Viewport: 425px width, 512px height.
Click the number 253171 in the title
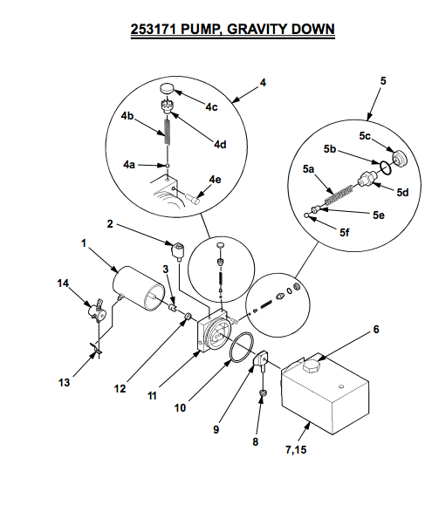tap(154, 29)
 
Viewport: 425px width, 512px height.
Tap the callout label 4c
tap(211, 107)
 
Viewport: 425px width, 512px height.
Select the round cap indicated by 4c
tap(167, 88)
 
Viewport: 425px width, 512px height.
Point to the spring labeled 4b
tap(168, 131)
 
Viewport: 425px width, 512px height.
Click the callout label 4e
tap(215, 180)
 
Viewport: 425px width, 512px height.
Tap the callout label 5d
tap(402, 192)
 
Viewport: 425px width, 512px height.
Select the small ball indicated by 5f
tap(306, 215)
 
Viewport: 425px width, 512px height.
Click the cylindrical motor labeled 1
tap(138, 288)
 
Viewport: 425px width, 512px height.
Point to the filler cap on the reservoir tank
tap(311, 365)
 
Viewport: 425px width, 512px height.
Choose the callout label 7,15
tap(296, 449)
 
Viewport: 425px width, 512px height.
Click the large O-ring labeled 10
tap(242, 347)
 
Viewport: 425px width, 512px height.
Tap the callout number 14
tap(63, 283)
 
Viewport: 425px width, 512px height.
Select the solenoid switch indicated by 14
tap(96, 311)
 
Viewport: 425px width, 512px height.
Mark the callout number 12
tap(120, 388)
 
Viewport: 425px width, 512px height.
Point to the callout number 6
tap(376, 330)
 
